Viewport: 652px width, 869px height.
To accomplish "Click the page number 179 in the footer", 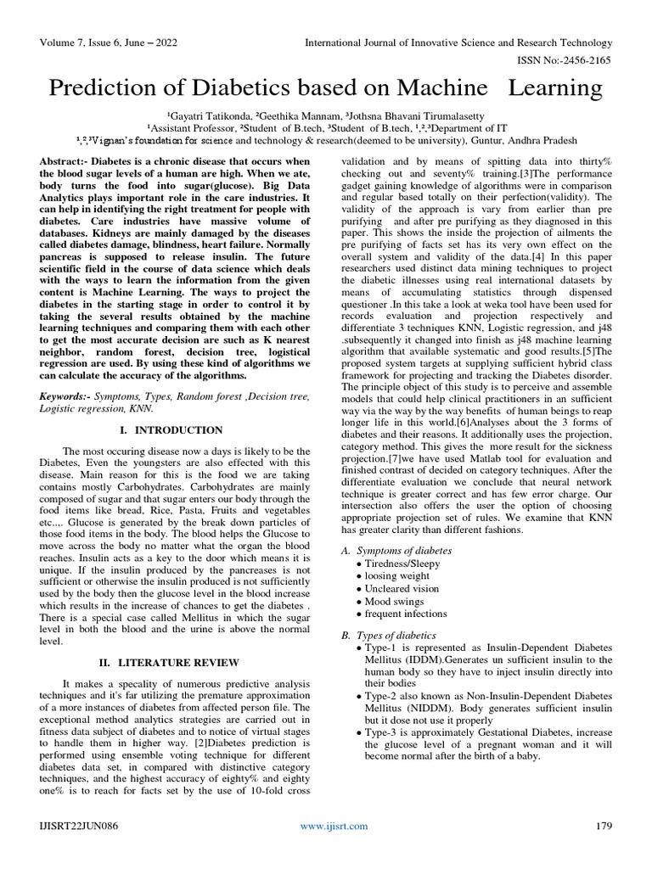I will [603, 826].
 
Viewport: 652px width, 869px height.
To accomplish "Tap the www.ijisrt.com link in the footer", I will [334, 826].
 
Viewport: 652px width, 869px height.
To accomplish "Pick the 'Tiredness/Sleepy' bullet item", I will [403, 563].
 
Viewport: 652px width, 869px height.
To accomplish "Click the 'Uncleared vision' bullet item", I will [402, 588].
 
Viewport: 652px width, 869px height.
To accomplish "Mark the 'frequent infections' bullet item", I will [406, 614].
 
